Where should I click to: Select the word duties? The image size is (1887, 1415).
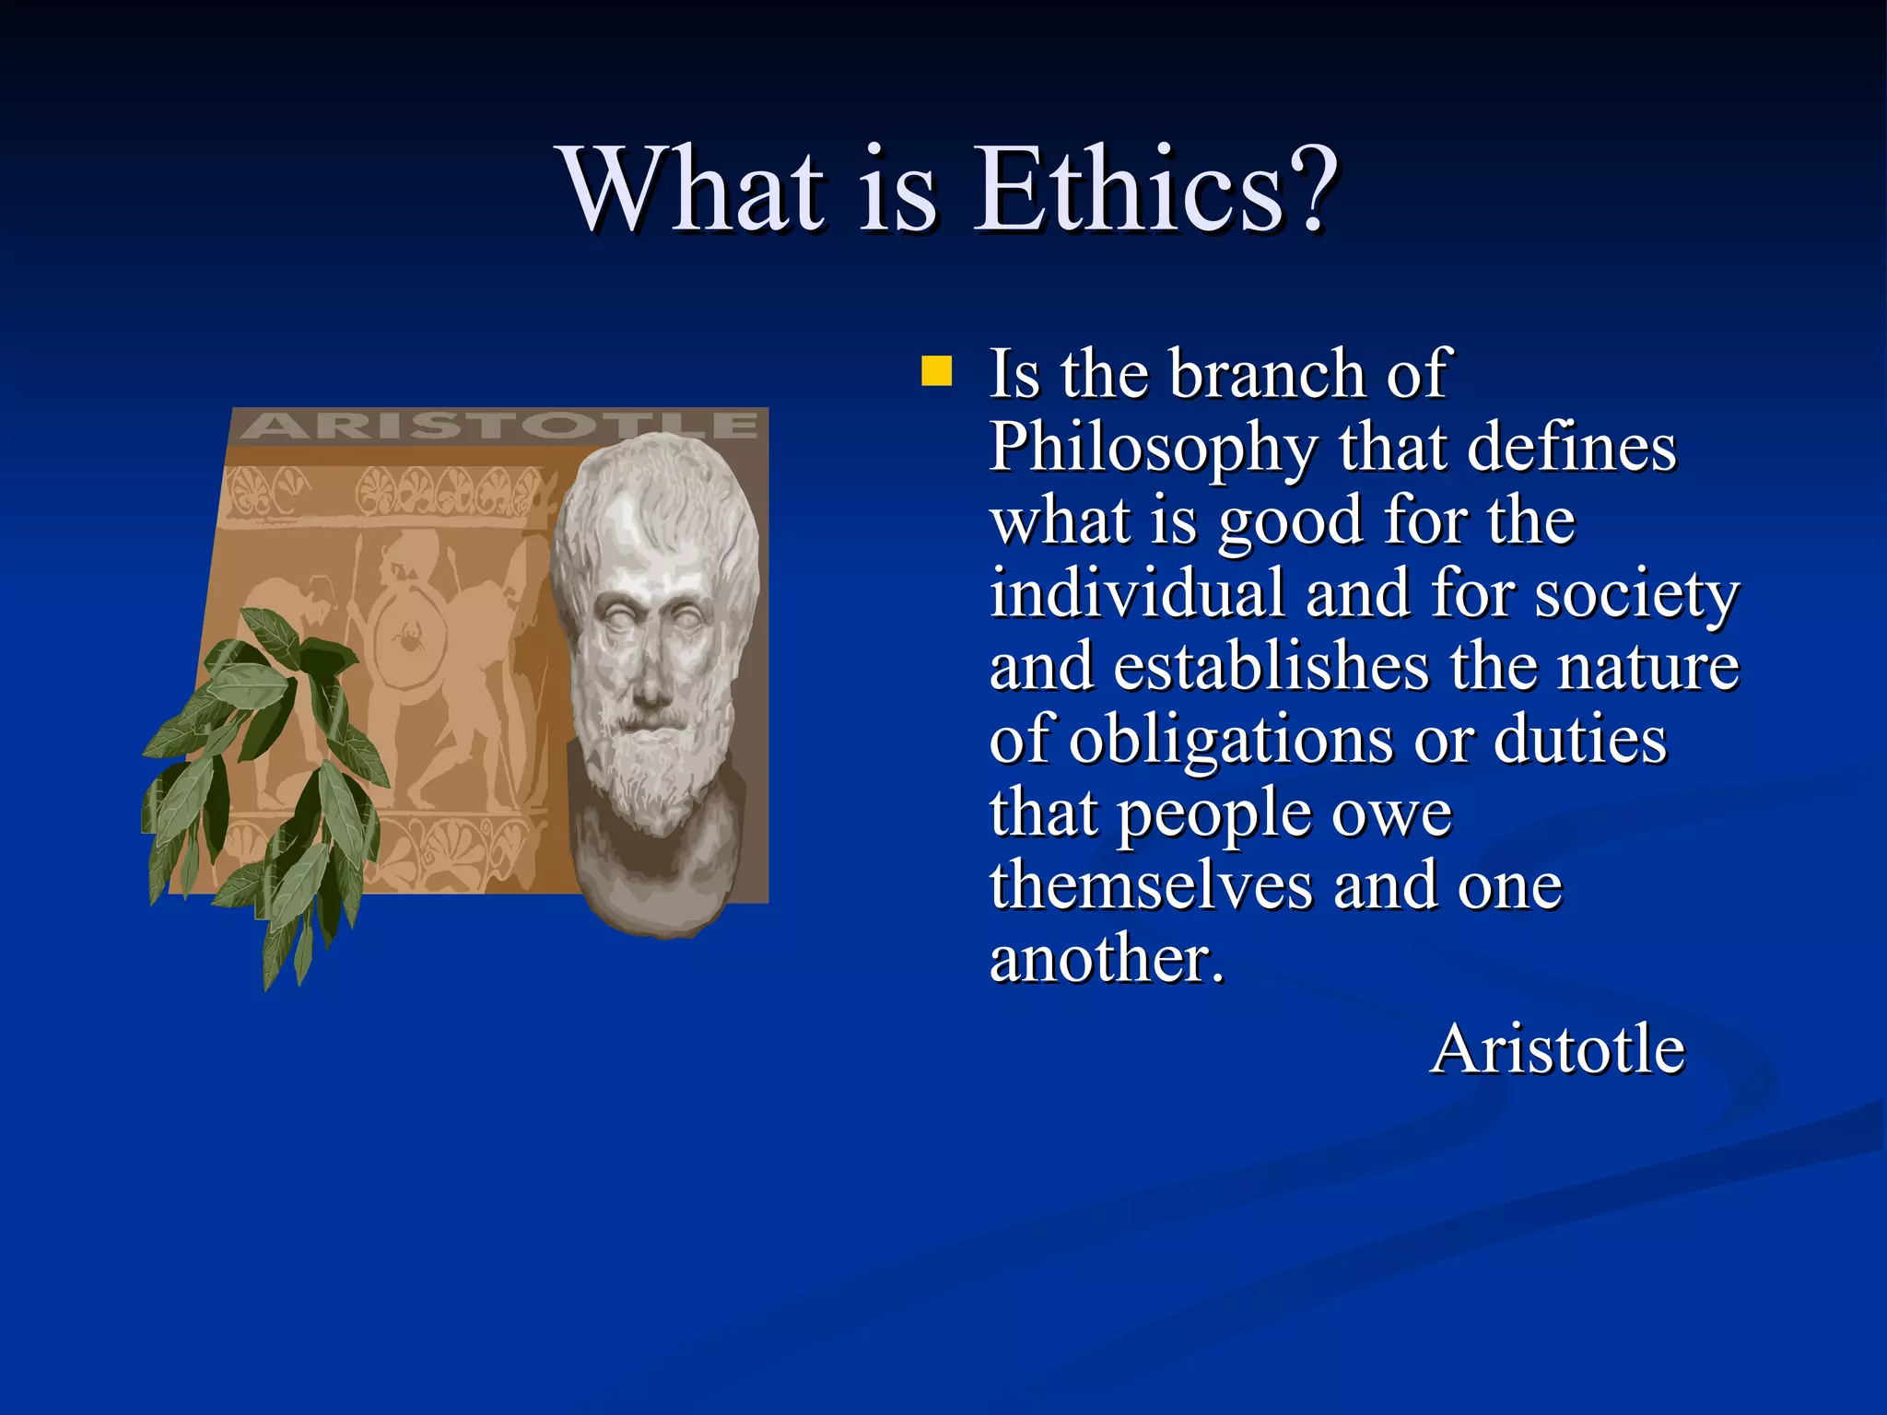[1579, 740]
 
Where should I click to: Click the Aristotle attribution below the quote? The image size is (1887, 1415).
[1557, 1050]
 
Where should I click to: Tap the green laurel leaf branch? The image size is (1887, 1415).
[267, 783]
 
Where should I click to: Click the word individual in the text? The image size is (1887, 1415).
[1137, 594]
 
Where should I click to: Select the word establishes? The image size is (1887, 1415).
[1272, 667]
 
